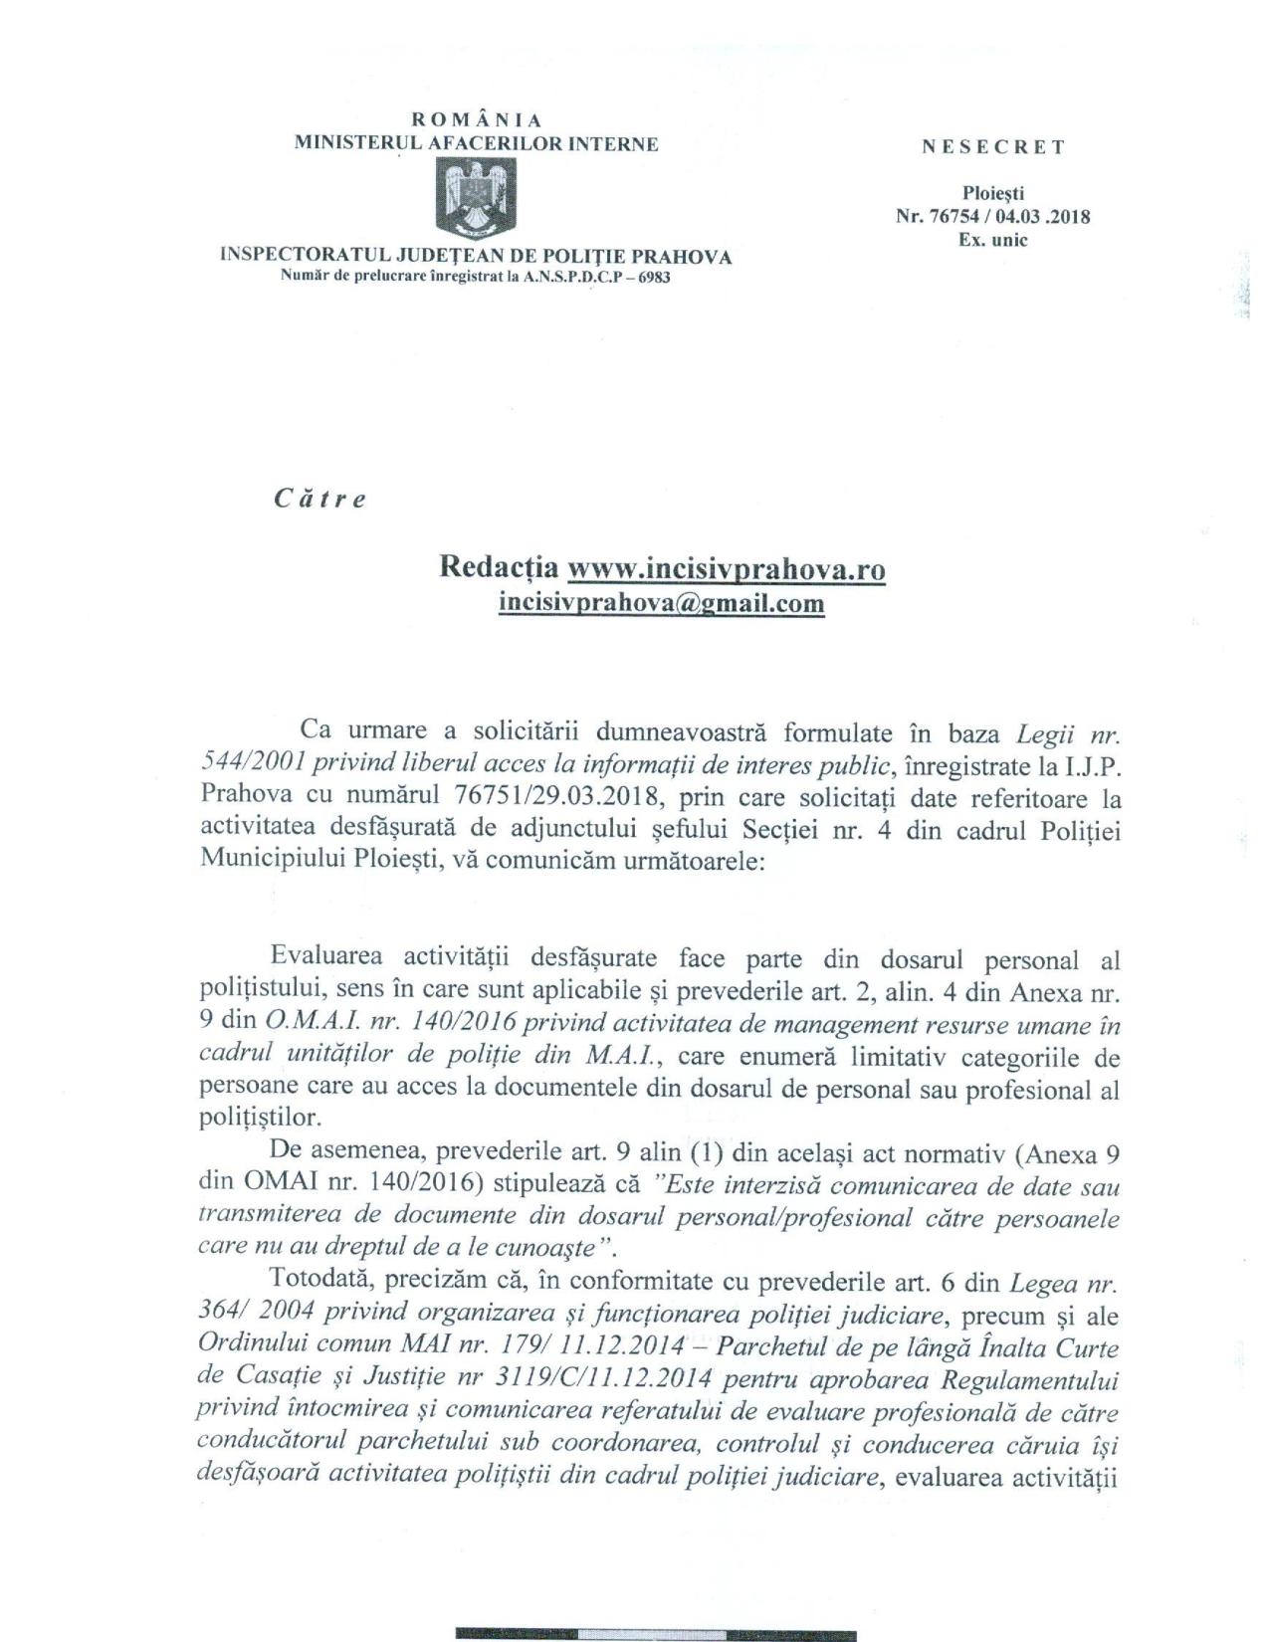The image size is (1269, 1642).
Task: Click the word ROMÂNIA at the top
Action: [476, 120]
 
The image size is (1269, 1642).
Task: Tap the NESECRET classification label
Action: [992, 147]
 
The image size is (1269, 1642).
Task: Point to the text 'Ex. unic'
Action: [992, 240]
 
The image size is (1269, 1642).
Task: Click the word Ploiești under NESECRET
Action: [992, 195]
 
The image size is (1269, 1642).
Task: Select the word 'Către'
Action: [319, 499]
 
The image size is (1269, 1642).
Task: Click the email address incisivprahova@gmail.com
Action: [661, 603]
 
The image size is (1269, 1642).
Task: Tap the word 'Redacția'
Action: [500, 568]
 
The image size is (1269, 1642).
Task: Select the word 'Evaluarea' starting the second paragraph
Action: [329, 957]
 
